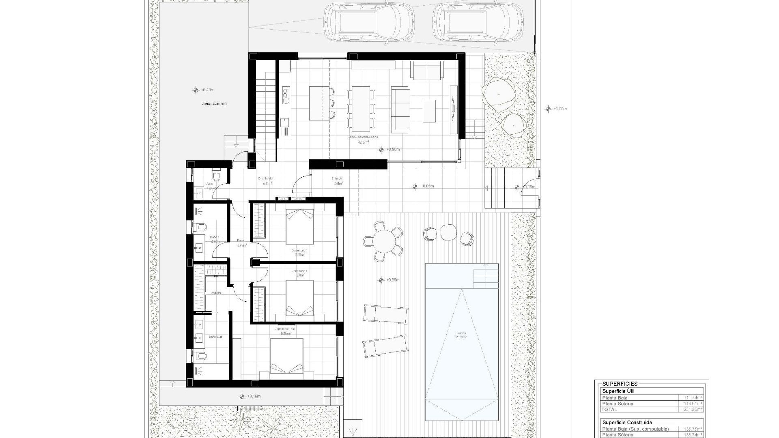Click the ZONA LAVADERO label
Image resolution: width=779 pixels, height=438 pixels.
click(x=214, y=104)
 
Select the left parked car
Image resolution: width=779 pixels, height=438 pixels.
click(x=369, y=23)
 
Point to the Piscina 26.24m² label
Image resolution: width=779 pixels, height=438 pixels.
click(x=461, y=335)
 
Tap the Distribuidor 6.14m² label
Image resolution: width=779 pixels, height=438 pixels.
click(x=266, y=181)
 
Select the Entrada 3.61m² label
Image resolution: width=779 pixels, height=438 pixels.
click(x=337, y=181)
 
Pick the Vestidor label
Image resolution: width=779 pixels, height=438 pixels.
click(x=216, y=293)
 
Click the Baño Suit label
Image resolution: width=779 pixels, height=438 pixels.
click(x=215, y=337)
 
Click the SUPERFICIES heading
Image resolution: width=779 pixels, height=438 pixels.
click(x=620, y=384)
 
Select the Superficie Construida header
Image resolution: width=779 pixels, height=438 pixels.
click(x=627, y=422)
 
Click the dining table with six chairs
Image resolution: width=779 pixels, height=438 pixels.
click(x=361, y=107)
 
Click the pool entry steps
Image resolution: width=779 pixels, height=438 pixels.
click(x=485, y=276)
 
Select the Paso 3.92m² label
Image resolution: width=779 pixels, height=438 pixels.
click(x=241, y=243)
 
